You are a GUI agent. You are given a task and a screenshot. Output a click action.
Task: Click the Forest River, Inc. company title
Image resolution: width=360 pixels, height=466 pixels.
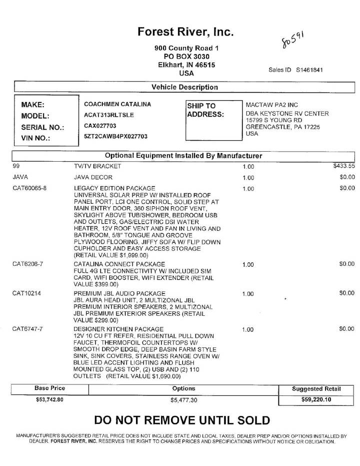point(185,32)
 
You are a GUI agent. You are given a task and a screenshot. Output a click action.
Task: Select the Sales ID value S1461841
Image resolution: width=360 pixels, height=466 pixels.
point(309,70)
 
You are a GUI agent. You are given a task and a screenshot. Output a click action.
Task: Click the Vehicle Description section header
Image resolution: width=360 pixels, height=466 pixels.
point(184,87)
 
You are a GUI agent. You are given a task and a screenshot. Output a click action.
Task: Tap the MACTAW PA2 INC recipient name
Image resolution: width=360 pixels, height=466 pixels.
point(271,105)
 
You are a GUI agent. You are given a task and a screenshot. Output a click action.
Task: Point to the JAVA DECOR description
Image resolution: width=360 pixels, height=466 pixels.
point(93,177)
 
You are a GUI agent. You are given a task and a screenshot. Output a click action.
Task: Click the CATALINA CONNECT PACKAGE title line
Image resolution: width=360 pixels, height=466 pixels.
point(119,264)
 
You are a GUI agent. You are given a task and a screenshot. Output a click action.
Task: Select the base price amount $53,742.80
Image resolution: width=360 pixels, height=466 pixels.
point(50,399)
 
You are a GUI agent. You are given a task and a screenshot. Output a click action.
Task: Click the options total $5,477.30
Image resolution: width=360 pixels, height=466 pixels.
point(184,400)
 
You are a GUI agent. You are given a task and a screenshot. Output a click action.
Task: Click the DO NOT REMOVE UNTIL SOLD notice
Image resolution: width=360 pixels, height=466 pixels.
point(182,420)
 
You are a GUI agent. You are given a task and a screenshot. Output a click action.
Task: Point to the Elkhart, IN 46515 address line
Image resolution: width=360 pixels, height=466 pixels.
point(186,65)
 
